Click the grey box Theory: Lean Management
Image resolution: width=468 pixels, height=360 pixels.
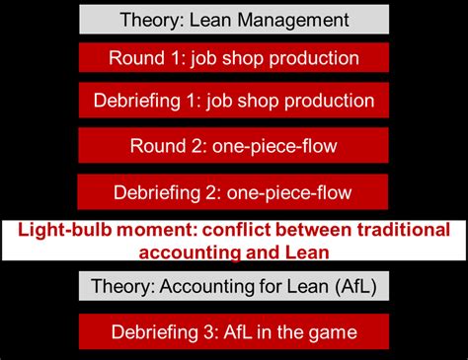[234, 20]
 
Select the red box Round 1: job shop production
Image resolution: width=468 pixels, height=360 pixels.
[234, 58]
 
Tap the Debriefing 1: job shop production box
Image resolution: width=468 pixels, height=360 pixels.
[234, 101]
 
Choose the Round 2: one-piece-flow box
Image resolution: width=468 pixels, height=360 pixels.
[234, 146]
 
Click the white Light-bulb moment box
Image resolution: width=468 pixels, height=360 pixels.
[234, 240]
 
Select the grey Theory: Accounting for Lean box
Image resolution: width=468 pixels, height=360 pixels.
[234, 286]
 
